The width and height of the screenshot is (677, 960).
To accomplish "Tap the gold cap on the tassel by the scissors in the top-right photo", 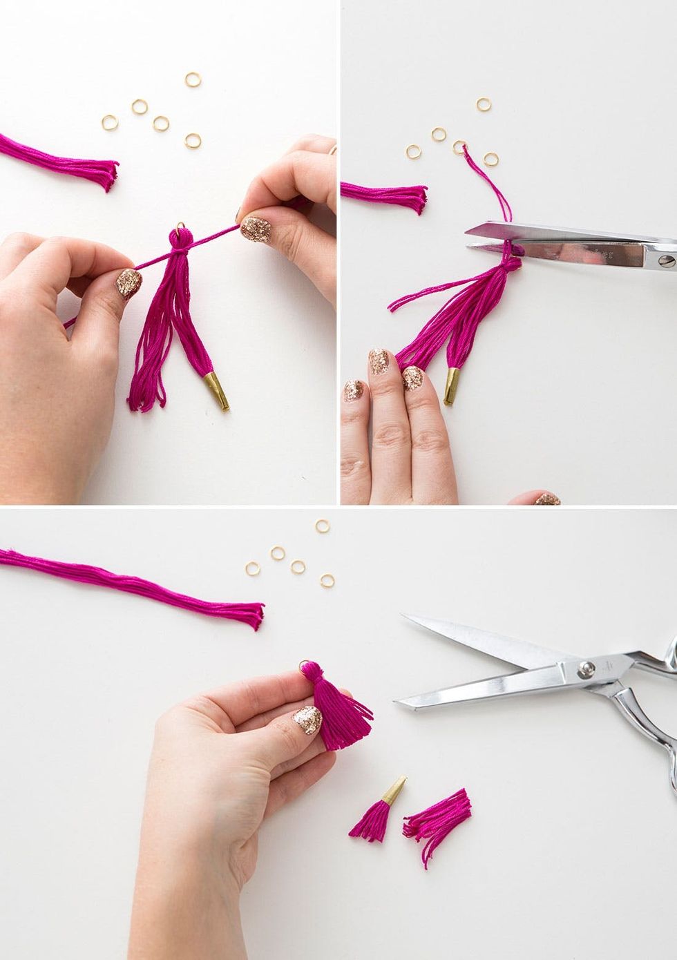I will (x=450, y=386).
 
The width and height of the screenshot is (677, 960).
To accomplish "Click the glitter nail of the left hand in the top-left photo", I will (x=128, y=283).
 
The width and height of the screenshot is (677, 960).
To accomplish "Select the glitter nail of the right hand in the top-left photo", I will (x=256, y=228).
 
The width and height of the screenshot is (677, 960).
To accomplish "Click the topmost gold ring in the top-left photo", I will (x=193, y=79).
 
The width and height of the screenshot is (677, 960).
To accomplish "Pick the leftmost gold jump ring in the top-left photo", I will (x=110, y=123).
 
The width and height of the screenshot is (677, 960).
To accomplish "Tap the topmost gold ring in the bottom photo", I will (x=322, y=526).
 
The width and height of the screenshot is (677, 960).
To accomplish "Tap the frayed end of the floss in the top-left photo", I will (x=109, y=175).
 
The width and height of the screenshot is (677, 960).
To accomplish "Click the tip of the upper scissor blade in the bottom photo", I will (x=404, y=617).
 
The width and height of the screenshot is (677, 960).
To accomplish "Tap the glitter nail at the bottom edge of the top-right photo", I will (x=546, y=498).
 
